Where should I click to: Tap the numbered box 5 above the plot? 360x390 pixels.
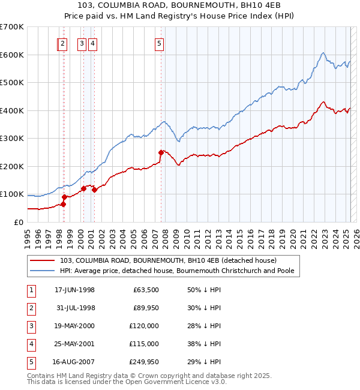(x=159, y=43)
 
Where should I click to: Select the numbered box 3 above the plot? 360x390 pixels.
(x=81, y=43)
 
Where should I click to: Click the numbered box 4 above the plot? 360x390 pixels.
(x=94, y=43)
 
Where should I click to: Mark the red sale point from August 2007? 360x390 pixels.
(x=161, y=152)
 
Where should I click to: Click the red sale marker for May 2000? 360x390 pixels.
(x=83, y=188)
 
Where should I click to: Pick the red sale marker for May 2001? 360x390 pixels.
(x=94, y=190)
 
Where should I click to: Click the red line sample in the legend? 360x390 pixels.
(x=43, y=261)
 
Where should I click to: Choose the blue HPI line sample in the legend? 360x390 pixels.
(x=43, y=271)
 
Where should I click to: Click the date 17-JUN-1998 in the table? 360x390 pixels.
(x=74, y=290)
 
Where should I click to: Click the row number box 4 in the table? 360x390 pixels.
(x=31, y=344)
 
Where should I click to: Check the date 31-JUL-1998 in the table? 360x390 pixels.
(x=74, y=308)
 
